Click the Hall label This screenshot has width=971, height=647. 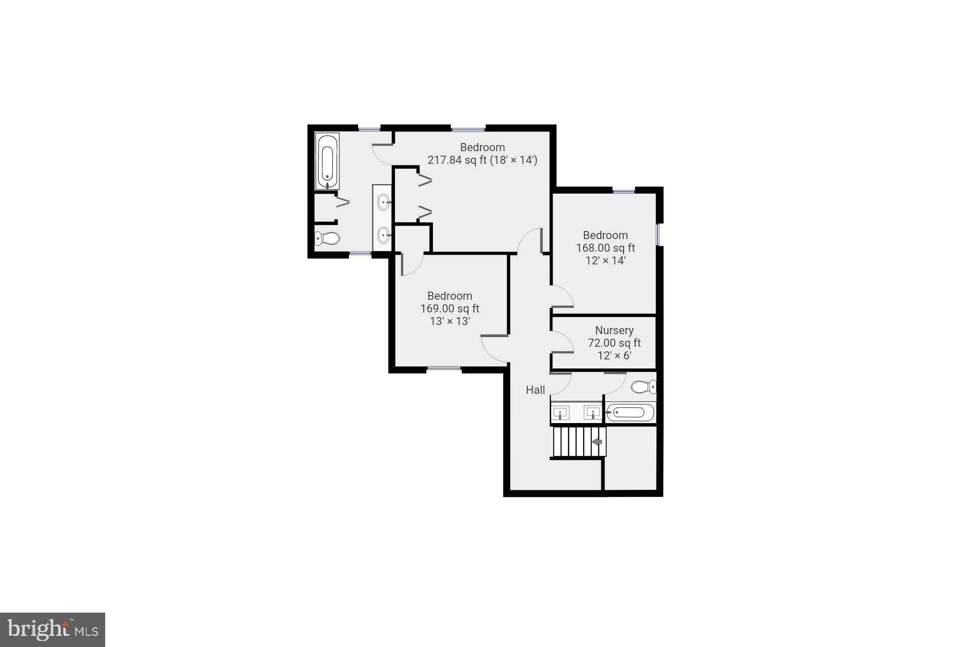(535, 390)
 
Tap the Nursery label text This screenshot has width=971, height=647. (614, 330)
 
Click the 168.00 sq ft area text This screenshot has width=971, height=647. (605, 248)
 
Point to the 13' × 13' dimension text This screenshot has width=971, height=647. (450, 321)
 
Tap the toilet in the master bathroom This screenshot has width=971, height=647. (327, 238)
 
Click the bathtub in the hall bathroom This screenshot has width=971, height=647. (630, 413)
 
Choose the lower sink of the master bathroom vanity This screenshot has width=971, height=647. (384, 235)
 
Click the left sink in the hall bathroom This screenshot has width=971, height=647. (560, 413)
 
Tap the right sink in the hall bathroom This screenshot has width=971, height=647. (592, 413)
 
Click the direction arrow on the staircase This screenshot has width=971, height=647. (597, 442)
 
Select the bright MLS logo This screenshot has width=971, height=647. (53, 629)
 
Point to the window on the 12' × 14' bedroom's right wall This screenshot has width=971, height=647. (658, 235)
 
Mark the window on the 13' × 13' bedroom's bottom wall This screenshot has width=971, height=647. (444, 369)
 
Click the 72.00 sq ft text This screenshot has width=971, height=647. (614, 343)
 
